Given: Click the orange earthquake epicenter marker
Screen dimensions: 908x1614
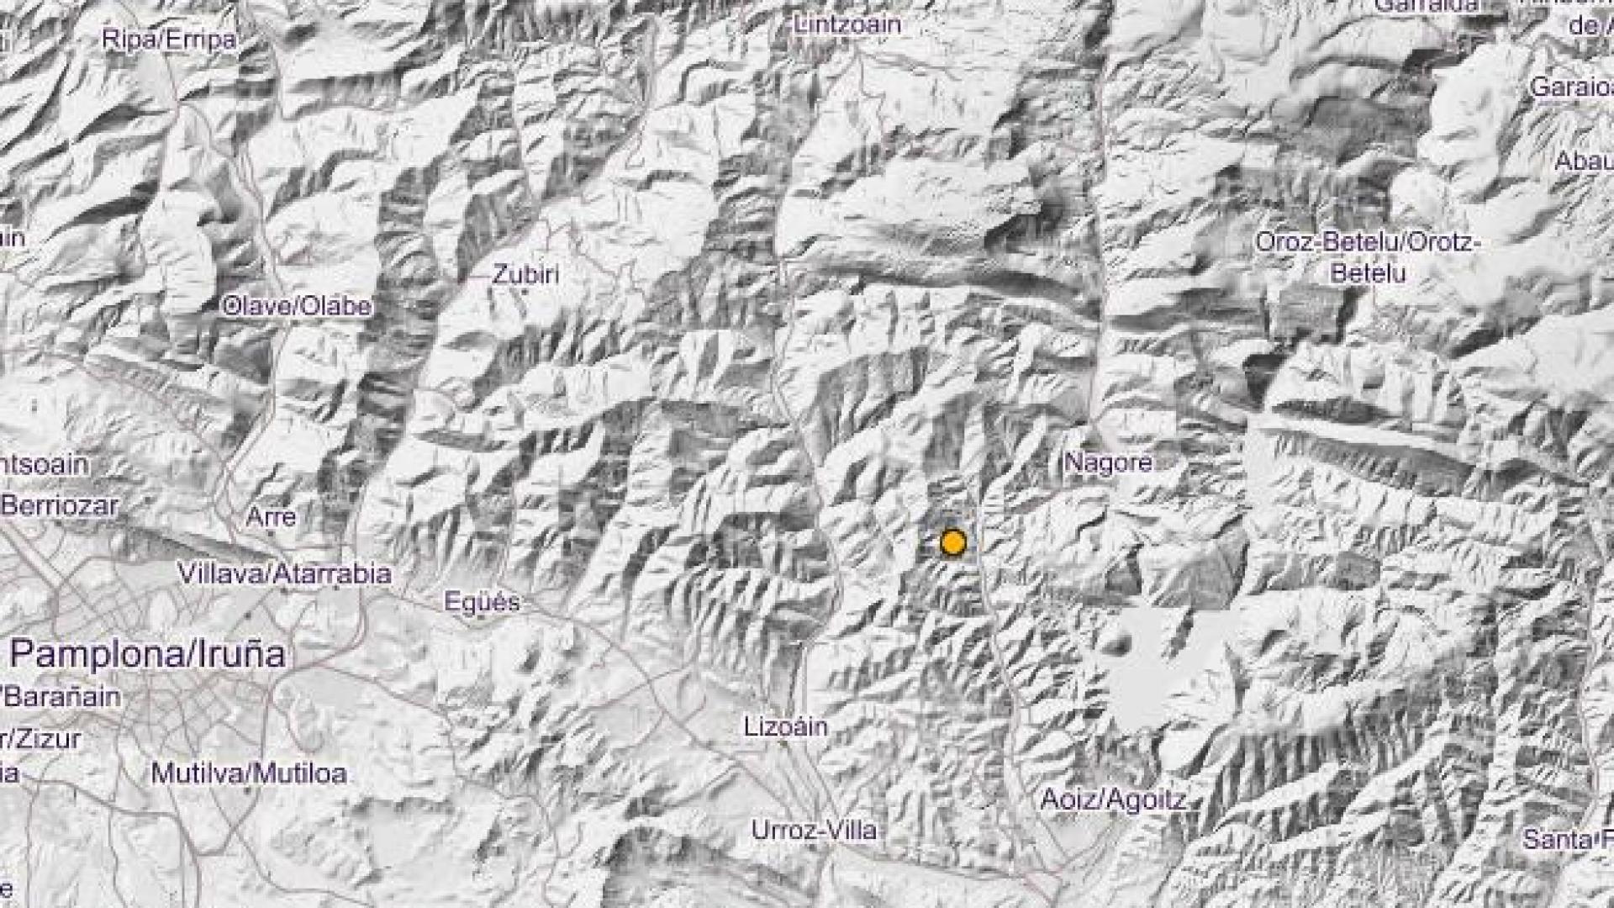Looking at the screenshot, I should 952,542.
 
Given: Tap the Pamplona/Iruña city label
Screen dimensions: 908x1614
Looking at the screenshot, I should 148,653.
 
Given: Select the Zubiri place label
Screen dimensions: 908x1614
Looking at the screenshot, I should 525,274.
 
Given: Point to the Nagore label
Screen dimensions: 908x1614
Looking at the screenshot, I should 1108,462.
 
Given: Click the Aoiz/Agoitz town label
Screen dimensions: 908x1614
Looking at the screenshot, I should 1113,798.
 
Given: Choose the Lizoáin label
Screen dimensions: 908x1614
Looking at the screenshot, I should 786,726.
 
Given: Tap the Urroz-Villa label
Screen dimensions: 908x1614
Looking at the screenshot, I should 814,830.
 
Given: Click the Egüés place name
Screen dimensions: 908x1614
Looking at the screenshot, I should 482,601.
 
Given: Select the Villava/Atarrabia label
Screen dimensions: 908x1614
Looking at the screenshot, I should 284,573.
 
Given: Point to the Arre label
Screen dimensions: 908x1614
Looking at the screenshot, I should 271,515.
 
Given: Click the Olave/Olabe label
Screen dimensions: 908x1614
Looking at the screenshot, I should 296,306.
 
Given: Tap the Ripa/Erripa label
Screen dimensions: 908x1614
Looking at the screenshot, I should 168,40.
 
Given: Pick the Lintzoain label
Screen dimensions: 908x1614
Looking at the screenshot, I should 847,24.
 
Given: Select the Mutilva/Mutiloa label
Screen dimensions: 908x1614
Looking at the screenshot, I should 248,773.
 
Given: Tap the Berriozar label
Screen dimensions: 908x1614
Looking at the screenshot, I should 59,505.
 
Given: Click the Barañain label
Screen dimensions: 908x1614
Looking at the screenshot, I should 64,696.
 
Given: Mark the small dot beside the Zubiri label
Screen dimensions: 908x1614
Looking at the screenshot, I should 525,292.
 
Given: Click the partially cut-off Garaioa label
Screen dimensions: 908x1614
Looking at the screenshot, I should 1570,87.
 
